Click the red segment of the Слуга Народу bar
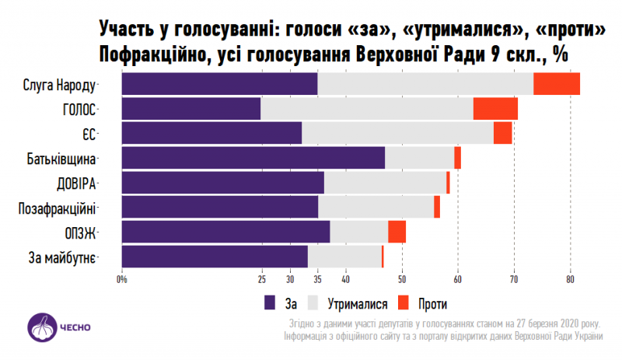tap(557, 84)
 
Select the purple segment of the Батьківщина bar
tap(253, 158)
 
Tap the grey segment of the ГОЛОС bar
tap(367, 109)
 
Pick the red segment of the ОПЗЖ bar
tap(397, 232)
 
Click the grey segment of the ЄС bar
tap(397, 133)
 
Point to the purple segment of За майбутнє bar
tap(215, 257)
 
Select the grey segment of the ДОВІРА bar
tap(385, 183)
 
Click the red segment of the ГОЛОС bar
tap(495, 109)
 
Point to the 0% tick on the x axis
tap(122, 280)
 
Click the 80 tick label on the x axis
tap(570, 280)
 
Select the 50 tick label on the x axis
tap(402, 280)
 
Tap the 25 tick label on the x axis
tap(262, 280)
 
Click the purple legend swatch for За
tap(270, 303)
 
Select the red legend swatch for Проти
tap(404, 303)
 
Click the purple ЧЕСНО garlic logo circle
tap(40, 327)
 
